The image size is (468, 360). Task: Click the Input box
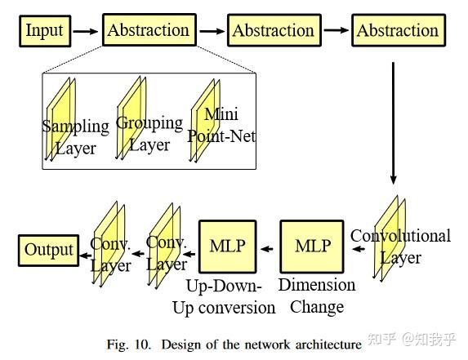click(44, 31)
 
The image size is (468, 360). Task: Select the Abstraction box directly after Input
click(148, 31)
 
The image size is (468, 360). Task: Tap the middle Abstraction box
click(273, 31)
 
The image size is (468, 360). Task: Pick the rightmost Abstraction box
click(398, 31)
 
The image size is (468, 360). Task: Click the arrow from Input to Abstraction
click(84, 31)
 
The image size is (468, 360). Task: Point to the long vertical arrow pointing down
click(394, 122)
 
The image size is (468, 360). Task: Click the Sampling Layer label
click(75, 136)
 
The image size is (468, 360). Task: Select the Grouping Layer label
click(149, 133)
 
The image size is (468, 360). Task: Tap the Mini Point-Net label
click(221, 125)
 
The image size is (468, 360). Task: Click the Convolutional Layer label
click(400, 246)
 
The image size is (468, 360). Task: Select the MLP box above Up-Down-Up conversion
click(228, 247)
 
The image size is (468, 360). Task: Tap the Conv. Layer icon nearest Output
click(109, 253)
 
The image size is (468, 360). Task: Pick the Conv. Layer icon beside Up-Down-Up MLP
click(166, 253)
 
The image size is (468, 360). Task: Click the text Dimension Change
click(317, 296)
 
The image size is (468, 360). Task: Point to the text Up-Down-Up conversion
click(224, 296)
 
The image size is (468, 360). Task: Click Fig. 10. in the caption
click(129, 344)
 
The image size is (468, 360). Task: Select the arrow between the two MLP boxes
click(268, 247)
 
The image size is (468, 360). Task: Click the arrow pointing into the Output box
click(84, 253)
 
